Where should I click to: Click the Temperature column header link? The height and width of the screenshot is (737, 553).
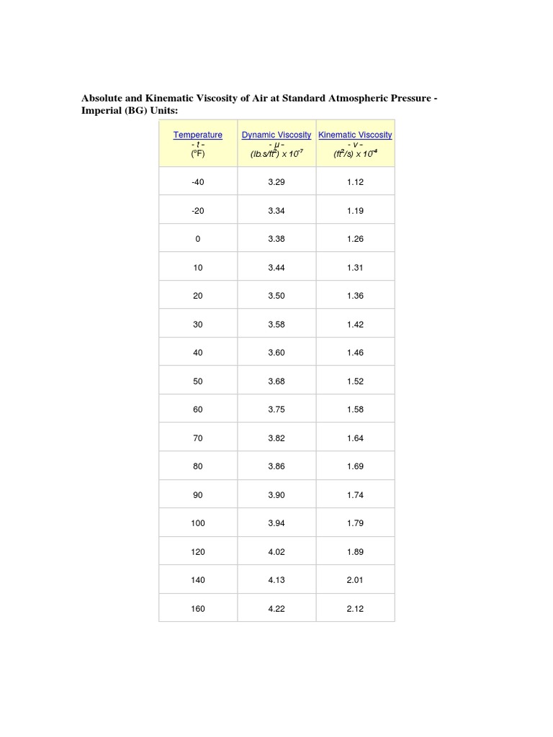point(198,135)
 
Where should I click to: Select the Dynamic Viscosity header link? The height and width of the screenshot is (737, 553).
point(276,135)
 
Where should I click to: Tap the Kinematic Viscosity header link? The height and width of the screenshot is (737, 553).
point(355,135)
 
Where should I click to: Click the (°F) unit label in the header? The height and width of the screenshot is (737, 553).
point(198,153)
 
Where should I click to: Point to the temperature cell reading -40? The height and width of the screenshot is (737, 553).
point(198,182)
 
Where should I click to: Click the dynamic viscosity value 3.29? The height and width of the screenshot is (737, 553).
point(276,182)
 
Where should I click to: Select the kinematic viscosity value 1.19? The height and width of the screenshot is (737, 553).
point(355,211)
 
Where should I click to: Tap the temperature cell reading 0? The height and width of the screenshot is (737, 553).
point(198,239)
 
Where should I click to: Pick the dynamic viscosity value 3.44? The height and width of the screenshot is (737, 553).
point(276,268)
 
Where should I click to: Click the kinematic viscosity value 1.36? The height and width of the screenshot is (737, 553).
point(355,296)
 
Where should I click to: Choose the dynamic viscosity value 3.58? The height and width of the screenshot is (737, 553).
point(276,325)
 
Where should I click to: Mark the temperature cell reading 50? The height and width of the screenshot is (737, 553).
point(198,381)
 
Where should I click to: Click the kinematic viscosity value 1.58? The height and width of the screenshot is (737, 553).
point(355,410)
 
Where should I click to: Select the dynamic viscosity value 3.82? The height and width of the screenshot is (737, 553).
point(276,438)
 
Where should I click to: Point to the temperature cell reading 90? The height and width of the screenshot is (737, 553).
point(198,495)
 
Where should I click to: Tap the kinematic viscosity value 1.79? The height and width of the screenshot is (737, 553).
point(355,523)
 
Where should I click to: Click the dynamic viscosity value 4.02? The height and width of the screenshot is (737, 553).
point(276,552)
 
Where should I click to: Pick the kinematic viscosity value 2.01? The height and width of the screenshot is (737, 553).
point(355,580)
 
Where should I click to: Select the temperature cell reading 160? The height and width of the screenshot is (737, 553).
point(198,609)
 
